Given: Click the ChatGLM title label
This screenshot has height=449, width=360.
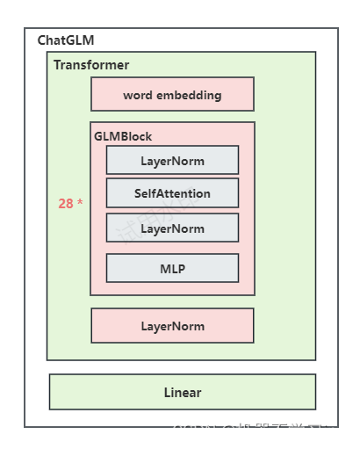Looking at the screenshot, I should [x=65, y=40].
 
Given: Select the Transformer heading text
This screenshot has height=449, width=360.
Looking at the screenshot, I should [x=91, y=65].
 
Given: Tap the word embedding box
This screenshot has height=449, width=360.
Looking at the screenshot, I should [x=172, y=94].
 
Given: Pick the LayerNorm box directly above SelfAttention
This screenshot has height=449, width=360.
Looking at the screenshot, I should [x=172, y=161].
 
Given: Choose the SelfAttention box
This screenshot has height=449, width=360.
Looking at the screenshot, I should [x=172, y=193].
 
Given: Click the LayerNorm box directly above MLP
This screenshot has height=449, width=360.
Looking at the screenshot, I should [x=172, y=228].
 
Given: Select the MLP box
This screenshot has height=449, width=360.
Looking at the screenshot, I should [x=172, y=268].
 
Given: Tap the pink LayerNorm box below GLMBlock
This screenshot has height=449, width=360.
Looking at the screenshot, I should [x=172, y=326].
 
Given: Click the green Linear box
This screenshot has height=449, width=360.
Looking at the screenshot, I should [x=182, y=392].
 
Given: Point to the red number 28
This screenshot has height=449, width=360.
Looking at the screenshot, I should [x=66, y=204].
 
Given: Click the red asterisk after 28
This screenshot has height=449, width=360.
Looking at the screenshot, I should [x=80, y=203].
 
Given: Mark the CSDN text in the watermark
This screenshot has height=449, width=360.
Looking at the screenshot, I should [x=193, y=431].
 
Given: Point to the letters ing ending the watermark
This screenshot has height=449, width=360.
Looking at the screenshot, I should [x=335, y=431].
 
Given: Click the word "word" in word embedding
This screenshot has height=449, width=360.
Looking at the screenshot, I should [x=140, y=94].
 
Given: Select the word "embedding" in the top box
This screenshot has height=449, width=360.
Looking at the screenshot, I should [x=191, y=94].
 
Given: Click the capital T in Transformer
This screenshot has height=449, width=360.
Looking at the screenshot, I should [x=57, y=65].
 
